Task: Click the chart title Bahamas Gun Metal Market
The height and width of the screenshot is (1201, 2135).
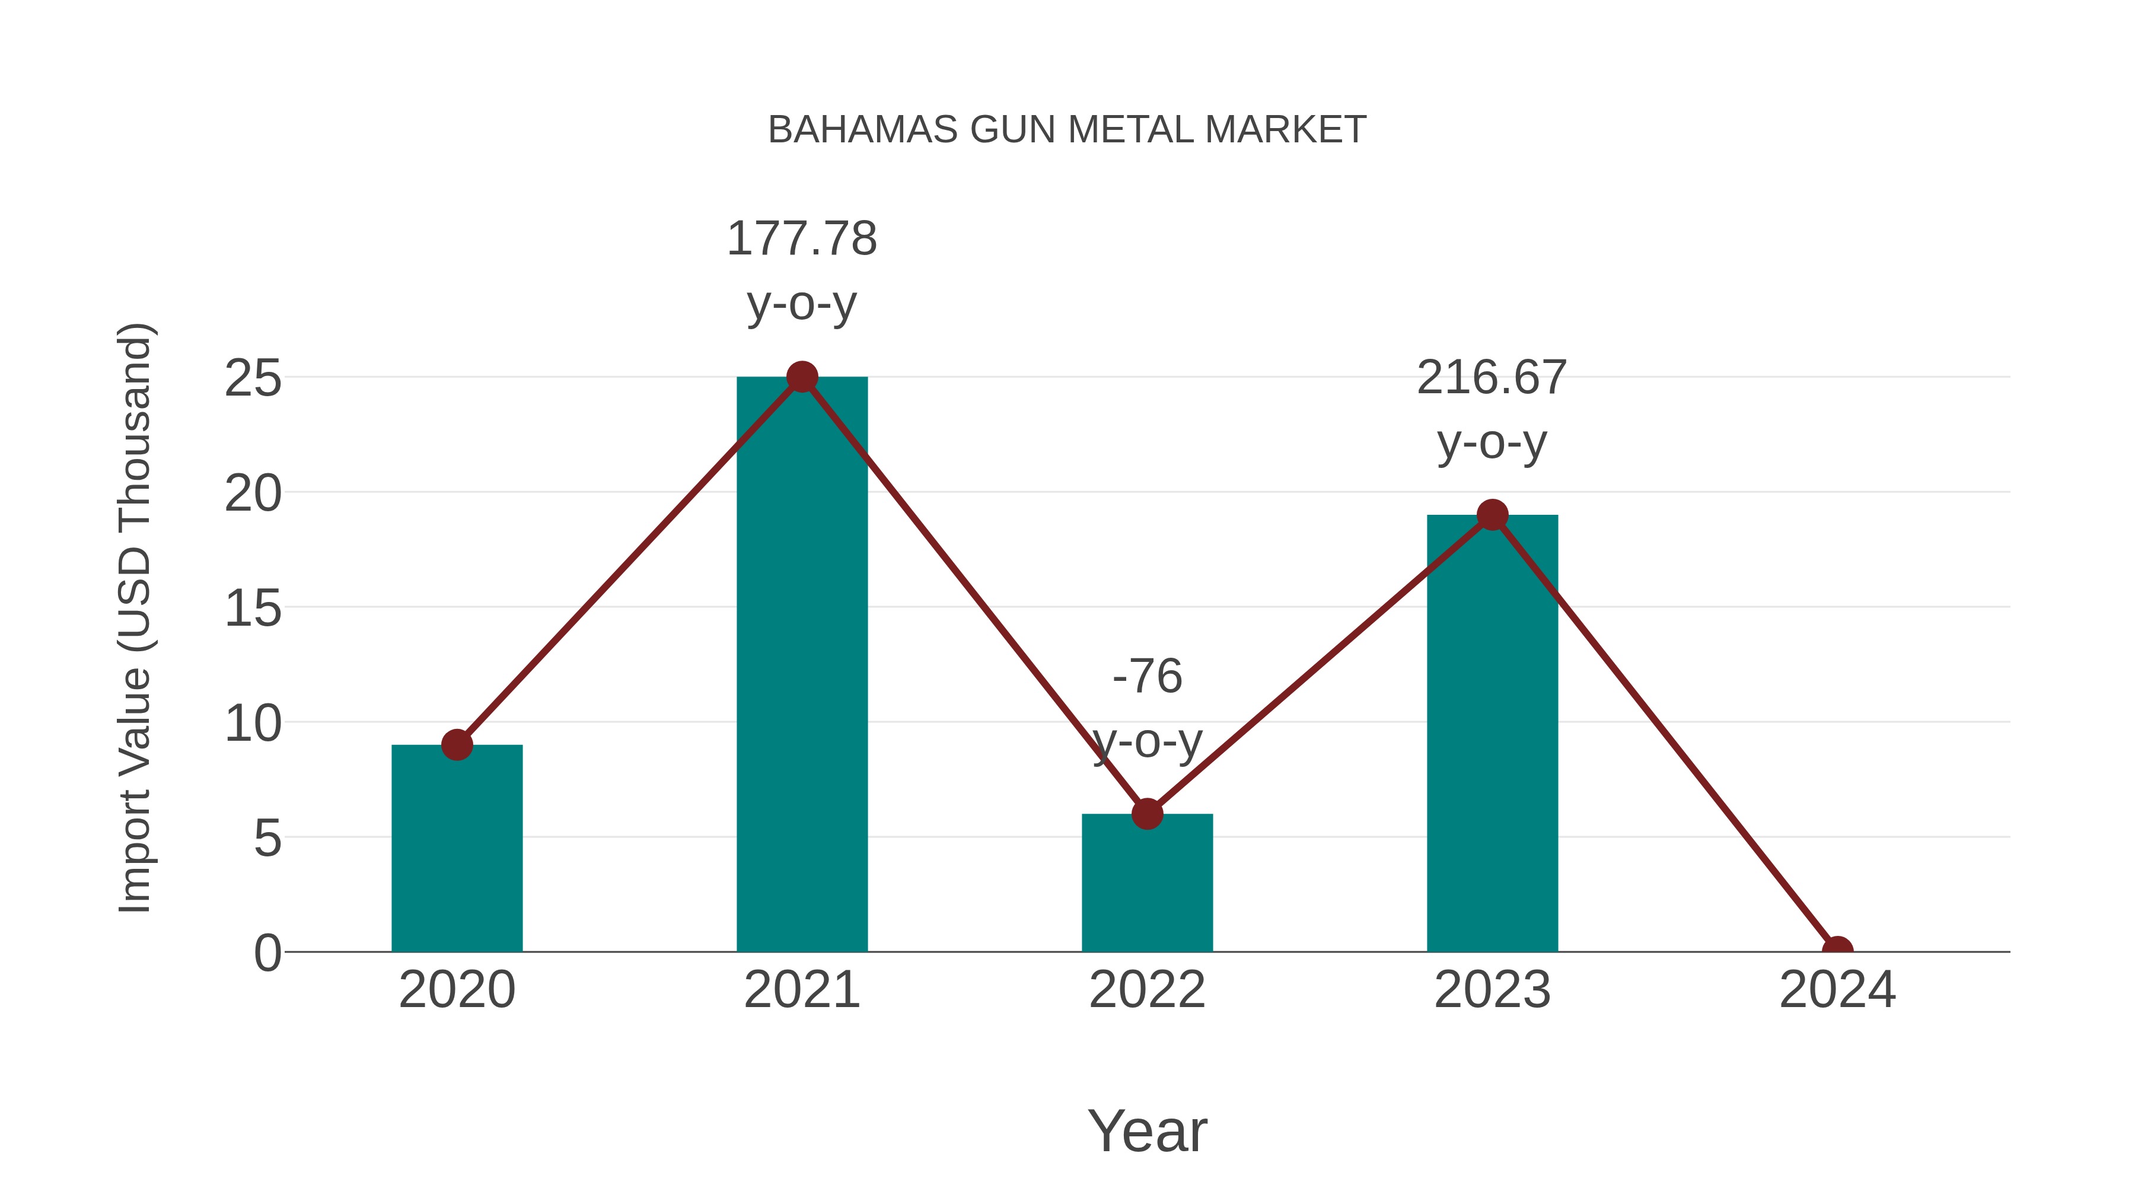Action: (1067, 130)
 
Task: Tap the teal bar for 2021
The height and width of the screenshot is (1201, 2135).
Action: (801, 663)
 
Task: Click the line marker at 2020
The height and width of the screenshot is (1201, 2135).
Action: (457, 744)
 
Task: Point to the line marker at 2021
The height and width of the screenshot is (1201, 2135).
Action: (801, 377)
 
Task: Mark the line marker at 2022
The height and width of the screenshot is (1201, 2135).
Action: (1147, 814)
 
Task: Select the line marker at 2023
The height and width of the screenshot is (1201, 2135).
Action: (1492, 515)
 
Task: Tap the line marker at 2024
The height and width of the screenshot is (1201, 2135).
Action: (1837, 950)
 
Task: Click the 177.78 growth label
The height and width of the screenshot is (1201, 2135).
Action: (801, 238)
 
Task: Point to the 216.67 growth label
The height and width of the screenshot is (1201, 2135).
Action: (1492, 378)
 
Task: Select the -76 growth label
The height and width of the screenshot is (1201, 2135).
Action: (1147, 676)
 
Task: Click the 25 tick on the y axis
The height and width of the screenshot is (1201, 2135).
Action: (253, 379)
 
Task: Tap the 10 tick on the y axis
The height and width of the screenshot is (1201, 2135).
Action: (253, 724)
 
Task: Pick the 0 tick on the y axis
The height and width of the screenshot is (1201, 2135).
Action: (267, 952)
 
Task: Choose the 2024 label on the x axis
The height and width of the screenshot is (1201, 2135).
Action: (1837, 990)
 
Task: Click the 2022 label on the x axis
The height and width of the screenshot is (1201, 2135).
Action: (1147, 990)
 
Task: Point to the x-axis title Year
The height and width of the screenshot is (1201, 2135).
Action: (1147, 1130)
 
